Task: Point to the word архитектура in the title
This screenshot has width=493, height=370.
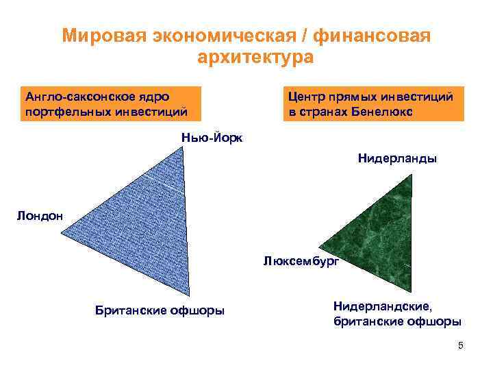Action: (x=255, y=56)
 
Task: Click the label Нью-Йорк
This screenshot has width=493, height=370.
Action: (x=212, y=137)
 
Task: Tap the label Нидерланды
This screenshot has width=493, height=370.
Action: (x=397, y=159)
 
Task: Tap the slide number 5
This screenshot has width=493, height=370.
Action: (x=461, y=345)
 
